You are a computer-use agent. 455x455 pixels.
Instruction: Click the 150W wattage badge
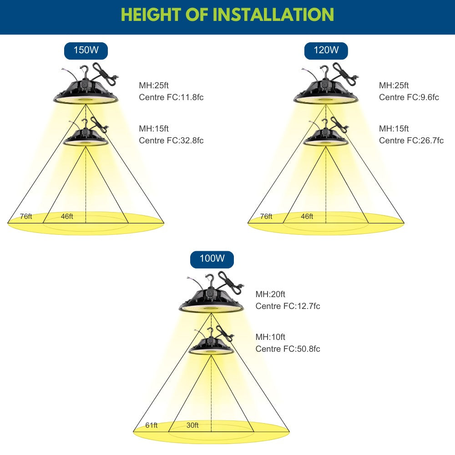pyautogui.click(x=86, y=50)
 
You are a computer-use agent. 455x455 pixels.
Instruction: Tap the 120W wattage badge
pyautogui.click(x=326, y=50)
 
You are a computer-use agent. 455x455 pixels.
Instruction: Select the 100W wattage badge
pyautogui.click(x=212, y=259)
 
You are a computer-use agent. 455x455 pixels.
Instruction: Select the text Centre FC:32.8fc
pyautogui.click(x=171, y=140)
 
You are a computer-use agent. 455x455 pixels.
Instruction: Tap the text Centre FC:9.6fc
pyautogui.click(x=409, y=97)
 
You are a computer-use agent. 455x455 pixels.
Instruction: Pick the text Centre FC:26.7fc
pyautogui.click(x=411, y=140)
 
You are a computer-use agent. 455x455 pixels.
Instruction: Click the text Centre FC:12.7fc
pyautogui.click(x=288, y=306)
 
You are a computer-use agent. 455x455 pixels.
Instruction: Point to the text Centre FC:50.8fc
pyautogui.click(x=288, y=349)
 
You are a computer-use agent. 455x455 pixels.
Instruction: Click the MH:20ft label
pyautogui.click(x=270, y=294)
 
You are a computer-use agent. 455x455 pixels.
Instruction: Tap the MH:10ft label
pyautogui.click(x=270, y=337)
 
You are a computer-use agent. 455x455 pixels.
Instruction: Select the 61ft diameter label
pyautogui.click(x=152, y=425)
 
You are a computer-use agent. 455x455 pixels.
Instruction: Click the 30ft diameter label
pyautogui.click(x=192, y=425)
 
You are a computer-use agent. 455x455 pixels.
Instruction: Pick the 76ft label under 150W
pyautogui.click(x=26, y=217)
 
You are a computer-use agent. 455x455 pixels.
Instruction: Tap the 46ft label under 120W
pyautogui.click(x=307, y=217)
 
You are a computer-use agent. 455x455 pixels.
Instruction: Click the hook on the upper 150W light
pyautogui.click(x=84, y=71)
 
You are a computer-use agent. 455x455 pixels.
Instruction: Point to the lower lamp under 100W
pyautogui.click(x=212, y=347)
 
